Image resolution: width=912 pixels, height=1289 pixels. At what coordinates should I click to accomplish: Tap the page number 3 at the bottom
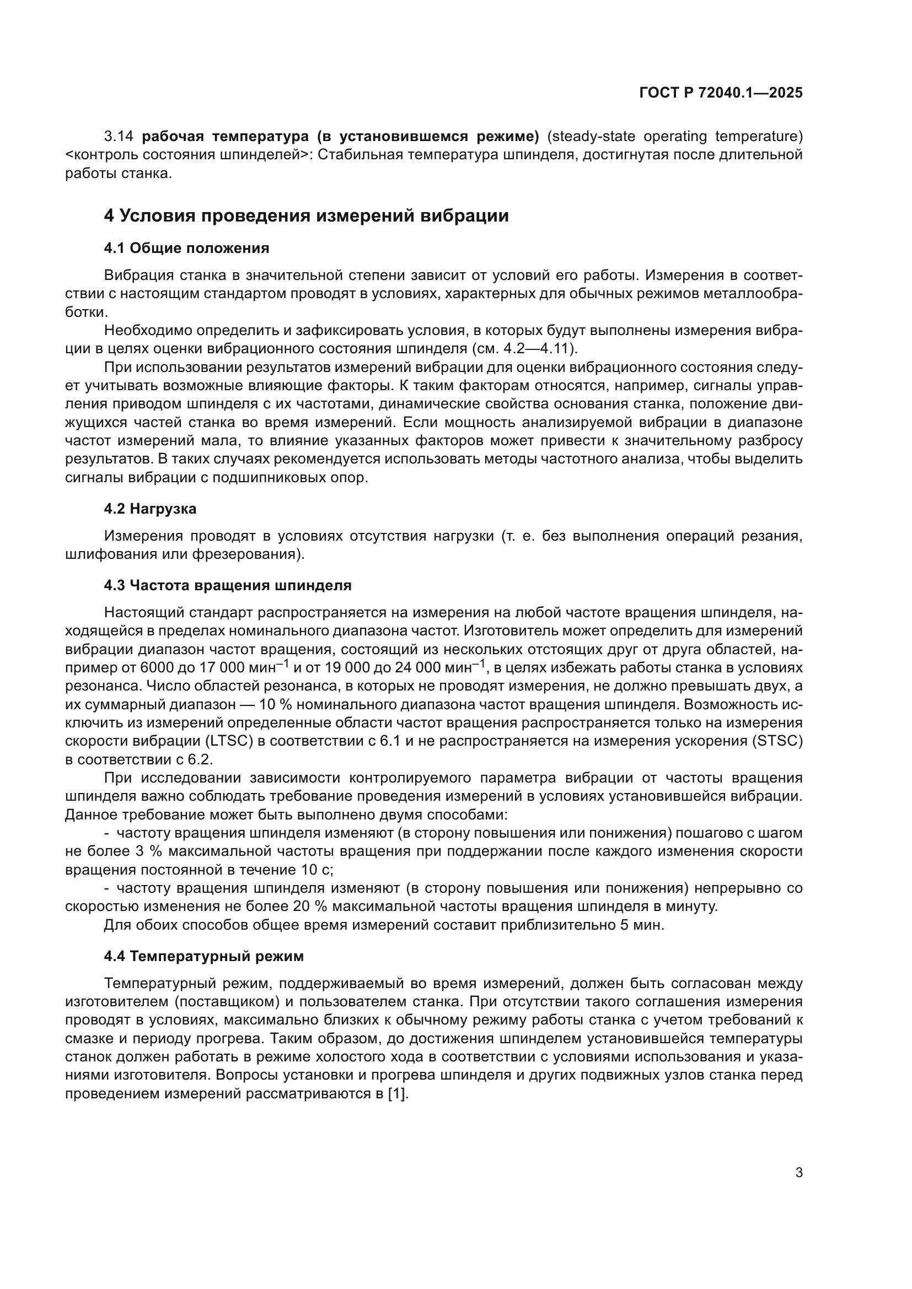[798, 1172]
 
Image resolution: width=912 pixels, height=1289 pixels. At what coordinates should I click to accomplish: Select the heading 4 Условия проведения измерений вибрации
[306, 216]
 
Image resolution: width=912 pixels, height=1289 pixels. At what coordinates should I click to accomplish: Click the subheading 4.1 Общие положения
[186, 248]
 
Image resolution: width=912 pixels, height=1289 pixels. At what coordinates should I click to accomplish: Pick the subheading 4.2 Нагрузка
[150, 509]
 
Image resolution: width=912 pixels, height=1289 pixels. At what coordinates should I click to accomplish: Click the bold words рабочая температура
[225, 137]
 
